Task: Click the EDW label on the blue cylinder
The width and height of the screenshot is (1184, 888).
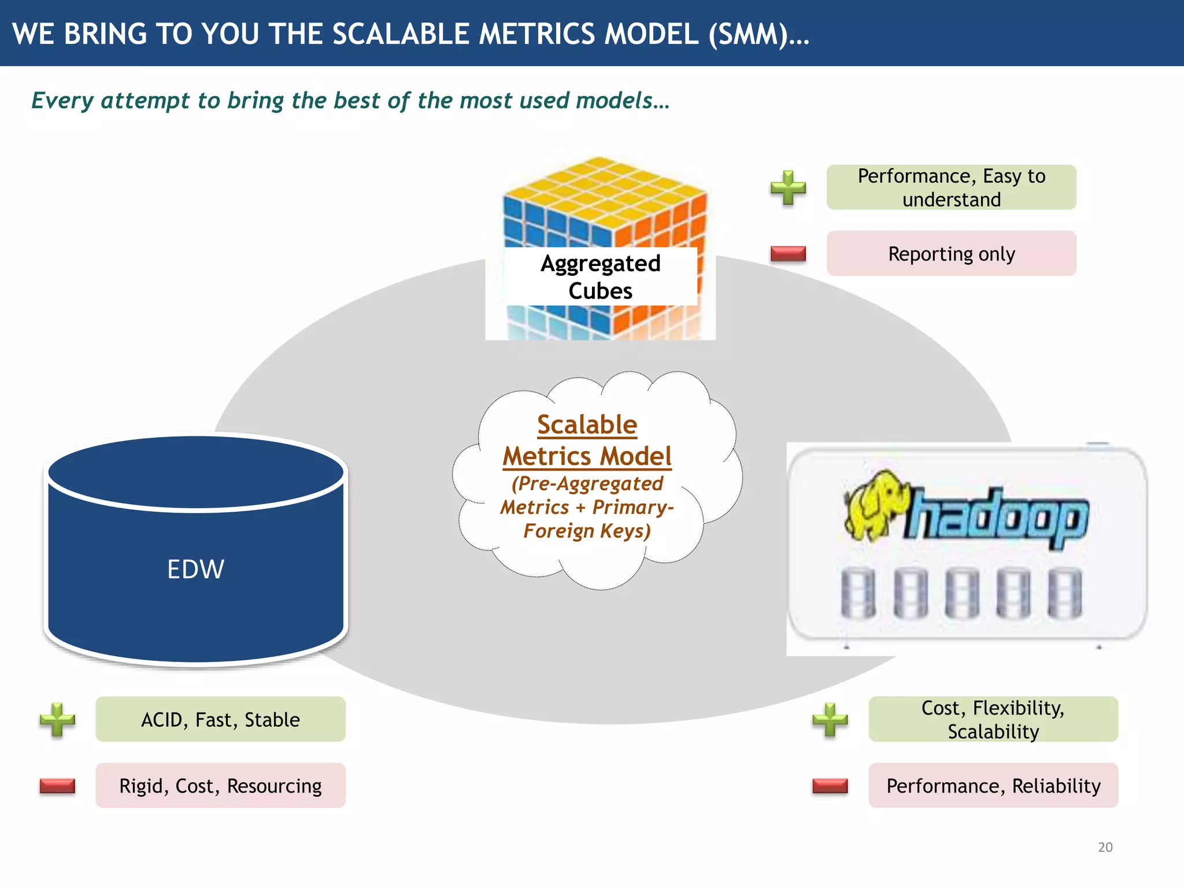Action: click(x=195, y=569)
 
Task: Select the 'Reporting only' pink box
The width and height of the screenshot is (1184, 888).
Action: click(x=951, y=254)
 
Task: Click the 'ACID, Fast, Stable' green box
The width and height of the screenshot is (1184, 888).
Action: click(x=220, y=720)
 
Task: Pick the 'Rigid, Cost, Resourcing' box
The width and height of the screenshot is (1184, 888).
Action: click(x=220, y=786)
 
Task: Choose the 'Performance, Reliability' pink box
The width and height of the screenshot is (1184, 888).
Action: click(x=993, y=786)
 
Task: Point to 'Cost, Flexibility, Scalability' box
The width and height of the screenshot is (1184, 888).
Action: click(x=993, y=720)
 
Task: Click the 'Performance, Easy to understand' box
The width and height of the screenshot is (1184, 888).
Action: click(x=951, y=187)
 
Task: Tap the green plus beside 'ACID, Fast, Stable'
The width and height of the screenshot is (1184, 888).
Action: click(x=57, y=720)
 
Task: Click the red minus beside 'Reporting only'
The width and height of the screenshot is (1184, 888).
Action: click(x=788, y=253)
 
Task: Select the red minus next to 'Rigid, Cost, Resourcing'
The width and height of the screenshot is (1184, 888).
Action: click(x=57, y=786)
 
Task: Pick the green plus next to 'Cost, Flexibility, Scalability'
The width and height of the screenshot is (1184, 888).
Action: click(x=830, y=720)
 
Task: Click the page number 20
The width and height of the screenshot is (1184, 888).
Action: click(x=1105, y=847)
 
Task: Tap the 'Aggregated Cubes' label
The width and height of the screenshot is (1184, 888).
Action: click(x=600, y=277)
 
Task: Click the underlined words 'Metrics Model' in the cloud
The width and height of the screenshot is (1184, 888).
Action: click(x=587, y=456)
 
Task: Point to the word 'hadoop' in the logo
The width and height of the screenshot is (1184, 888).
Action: click(x=997, y=517)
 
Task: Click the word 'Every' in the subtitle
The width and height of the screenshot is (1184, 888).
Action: click(x=62, y=101)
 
